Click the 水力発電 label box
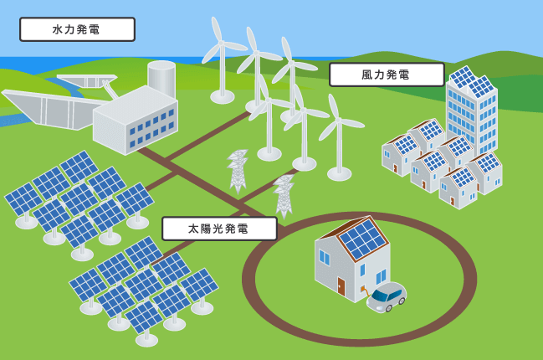point(77,29)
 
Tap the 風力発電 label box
point(387,75)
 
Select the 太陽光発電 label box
point(219,229)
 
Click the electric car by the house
point(387,297)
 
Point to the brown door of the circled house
point(341,286)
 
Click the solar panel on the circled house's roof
point(362,239)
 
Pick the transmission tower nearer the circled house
point(284,196)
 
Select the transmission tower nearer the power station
point(238,171)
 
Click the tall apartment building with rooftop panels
point(472,111)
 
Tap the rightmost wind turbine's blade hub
point(338,120)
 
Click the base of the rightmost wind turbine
point(340,174)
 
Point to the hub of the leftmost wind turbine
point(222,43)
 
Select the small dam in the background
point(86,80)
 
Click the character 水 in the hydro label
point(58,29)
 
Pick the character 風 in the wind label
point(367,75)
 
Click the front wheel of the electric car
point(389,307)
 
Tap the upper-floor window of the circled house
point(325,257)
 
